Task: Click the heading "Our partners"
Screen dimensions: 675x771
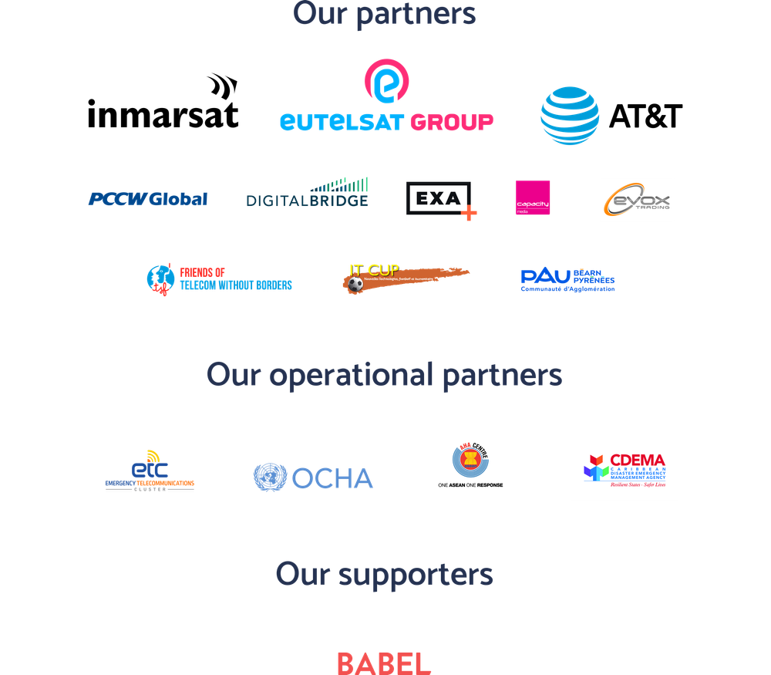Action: click(x=385, y=14)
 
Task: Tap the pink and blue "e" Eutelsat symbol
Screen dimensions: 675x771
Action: click(x=386, y=81)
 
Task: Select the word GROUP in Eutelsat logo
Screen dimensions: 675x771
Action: click(x=451, y=122)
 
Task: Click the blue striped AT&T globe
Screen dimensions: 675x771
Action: click(x=570, y=116)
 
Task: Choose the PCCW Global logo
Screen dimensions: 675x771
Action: click(x=147, y=199)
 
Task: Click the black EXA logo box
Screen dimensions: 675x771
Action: click(x=441, y=201)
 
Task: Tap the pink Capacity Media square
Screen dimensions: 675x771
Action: click(x=534, y=198)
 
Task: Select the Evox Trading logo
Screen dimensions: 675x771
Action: click(x=637, y=200)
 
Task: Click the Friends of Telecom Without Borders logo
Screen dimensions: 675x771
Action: click(x=220, y=279)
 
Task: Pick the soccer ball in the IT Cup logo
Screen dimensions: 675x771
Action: click(x=355, y=285)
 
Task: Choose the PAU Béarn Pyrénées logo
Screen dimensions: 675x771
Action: click(x=567, y=280)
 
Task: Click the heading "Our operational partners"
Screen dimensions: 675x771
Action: click(x=384, y=375)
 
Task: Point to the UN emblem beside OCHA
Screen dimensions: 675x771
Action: click(x=270, y=478)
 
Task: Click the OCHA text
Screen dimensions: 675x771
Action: click(x=333, y=478)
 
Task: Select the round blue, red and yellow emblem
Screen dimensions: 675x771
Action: click(x=470, y=461)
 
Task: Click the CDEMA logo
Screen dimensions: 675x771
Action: click(x=625, y=470)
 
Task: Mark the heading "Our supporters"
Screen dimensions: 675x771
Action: click(x=384, y=574)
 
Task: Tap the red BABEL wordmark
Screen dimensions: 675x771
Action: click(x=383, y=663)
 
